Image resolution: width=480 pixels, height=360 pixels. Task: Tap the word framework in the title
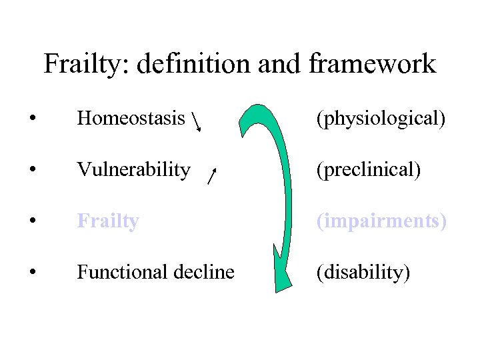[x=373, y=65]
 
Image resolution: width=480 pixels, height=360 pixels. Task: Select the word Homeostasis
[x=131, y=119]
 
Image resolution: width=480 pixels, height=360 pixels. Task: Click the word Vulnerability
[x=133, y=170]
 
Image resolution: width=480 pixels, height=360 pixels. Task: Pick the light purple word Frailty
[x=107, y=221]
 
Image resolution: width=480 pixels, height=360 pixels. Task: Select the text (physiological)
[x=381, y=119]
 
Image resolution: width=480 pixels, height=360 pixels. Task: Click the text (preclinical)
[x=369, y=170]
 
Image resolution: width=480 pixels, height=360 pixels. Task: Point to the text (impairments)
[x=381, y=221]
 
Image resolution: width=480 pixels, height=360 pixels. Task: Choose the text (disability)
[x=363, y=272]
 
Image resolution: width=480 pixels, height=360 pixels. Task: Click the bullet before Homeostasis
[x=32, y=119]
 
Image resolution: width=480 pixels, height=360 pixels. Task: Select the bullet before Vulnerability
[x=32, y=171]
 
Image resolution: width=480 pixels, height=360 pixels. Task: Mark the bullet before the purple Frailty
[x=32, y=221]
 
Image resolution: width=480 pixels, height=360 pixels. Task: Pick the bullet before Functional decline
[x=32, y=273]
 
